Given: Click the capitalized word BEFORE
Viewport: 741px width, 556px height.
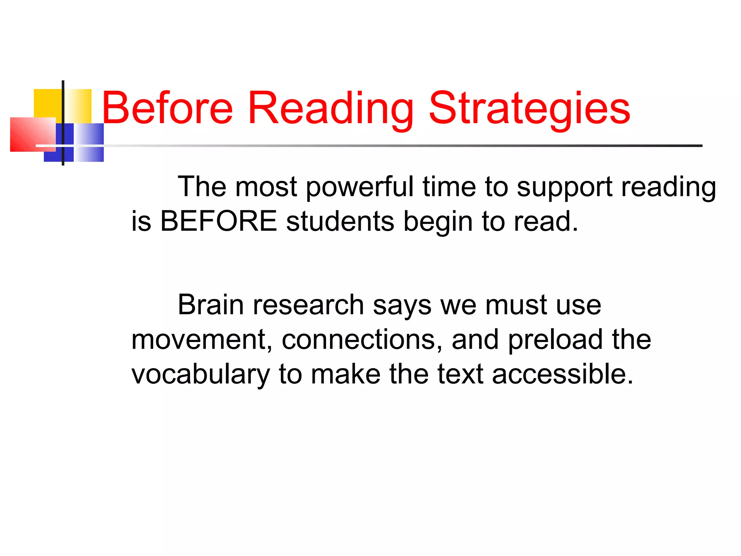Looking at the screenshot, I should click(x=218, y=221).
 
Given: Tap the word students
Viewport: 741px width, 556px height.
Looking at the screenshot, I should click(x=340, y=221).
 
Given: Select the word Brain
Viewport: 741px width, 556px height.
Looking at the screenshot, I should click(x=211, y=305).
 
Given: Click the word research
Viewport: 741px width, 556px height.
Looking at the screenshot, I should click(x=308, y=305).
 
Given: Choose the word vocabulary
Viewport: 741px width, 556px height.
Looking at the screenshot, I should click(x=201, y=374).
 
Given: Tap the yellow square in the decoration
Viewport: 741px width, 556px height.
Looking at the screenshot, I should click(x=47, y=103).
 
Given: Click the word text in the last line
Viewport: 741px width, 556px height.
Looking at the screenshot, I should click(x=460, y=374).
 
